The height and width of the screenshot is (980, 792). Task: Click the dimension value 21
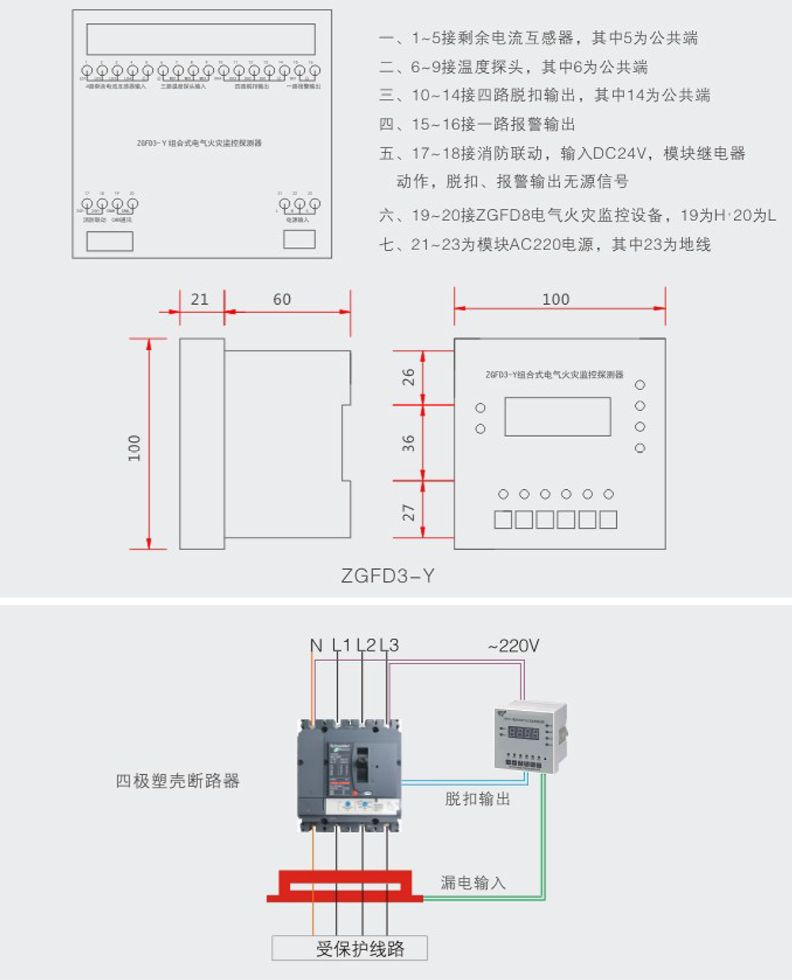[200, 299]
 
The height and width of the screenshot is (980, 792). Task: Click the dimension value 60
[282, 299]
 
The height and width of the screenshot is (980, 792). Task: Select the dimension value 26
[408, 378]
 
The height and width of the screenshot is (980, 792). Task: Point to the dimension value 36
[408, 443]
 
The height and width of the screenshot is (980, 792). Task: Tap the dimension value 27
[408, 512]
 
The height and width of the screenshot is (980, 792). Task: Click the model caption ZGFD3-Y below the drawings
[387, 575]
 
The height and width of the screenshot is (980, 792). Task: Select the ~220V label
[513, 646]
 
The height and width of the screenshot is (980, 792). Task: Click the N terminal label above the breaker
[316, 646]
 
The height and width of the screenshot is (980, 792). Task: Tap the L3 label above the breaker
[389, 646]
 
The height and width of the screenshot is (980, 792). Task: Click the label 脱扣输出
[477, 799]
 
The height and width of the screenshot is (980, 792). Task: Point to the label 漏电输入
[473, 883]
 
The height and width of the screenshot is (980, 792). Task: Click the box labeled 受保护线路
[349, 948]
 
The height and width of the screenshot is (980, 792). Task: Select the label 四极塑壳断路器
[177, 781]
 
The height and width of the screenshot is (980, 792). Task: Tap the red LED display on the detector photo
[524, 733]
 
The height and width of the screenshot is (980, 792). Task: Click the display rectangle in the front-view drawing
[557, 416]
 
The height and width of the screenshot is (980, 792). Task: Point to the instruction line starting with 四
[477, 124]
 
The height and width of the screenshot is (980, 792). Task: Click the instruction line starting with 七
[545, 245]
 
